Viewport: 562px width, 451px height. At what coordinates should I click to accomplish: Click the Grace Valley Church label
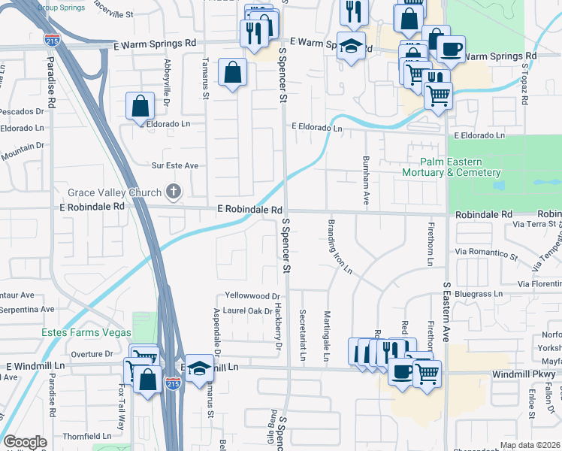click(114, 192)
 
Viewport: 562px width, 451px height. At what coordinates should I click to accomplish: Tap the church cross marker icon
click(174, 192)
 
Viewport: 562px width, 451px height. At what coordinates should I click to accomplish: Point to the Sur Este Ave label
click(175, 165)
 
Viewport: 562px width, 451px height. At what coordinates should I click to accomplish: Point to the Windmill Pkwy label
click(524, 374)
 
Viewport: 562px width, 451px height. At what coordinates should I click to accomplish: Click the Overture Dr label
click(91, 353)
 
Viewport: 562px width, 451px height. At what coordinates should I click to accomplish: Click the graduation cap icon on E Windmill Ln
click(199, 368)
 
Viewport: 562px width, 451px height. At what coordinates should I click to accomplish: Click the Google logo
click(25, 442)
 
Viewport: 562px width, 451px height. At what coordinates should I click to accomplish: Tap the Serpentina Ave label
click(28, 309)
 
